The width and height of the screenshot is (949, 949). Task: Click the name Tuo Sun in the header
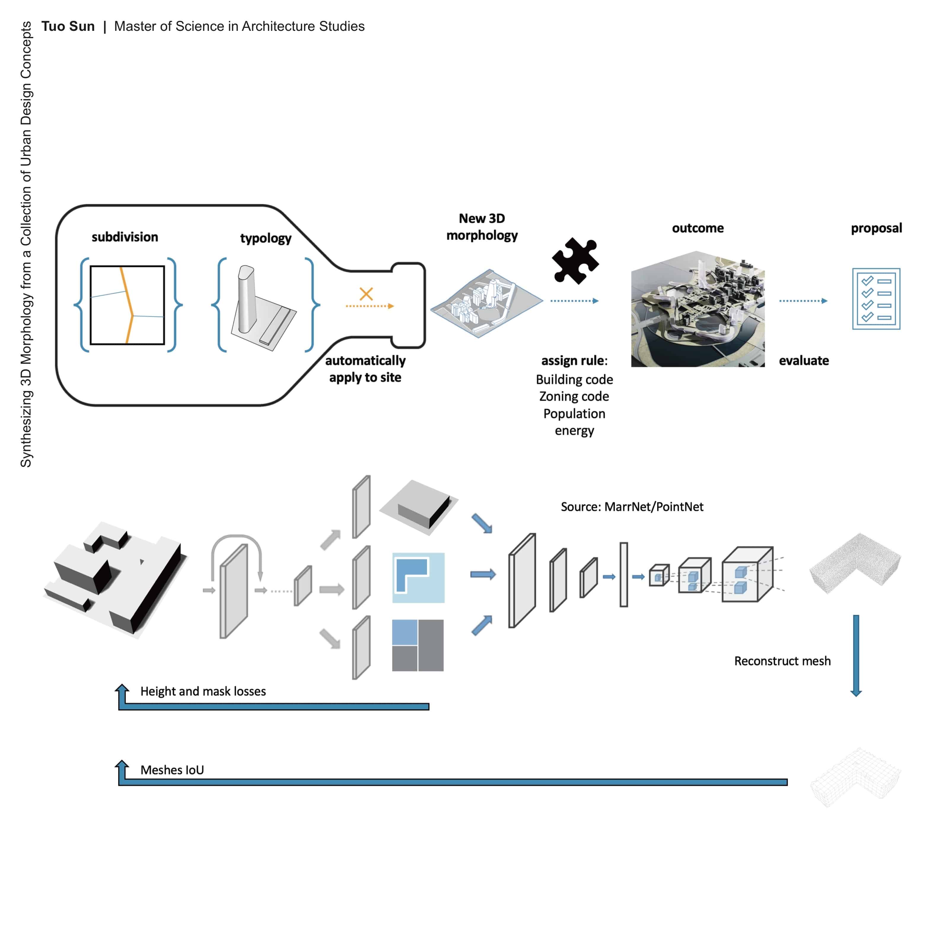(68, 26)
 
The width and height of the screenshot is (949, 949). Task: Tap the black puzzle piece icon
(575, 261)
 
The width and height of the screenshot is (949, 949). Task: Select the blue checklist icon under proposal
(876, 299)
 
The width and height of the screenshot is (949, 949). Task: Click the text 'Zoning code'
(574, 397)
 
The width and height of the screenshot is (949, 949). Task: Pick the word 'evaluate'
(804, 361)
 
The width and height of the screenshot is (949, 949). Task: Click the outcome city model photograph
(698, 309)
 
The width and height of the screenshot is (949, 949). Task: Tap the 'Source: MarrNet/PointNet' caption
(632, 507)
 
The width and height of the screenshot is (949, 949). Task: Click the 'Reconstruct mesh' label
(782, 661)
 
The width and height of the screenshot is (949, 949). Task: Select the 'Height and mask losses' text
(203, 691)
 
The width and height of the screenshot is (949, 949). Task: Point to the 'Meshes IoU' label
(172, 770)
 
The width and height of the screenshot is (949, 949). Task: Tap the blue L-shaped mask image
(418, 578)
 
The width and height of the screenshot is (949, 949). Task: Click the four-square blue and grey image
(418, 645)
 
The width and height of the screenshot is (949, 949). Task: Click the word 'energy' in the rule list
(574, 431)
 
